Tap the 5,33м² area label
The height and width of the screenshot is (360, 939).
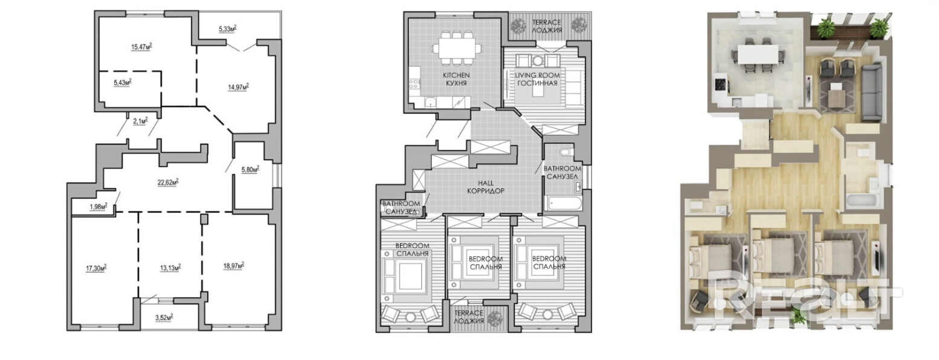(227, 28)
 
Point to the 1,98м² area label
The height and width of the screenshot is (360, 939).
(98, 207)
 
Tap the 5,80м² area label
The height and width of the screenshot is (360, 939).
(250, 170)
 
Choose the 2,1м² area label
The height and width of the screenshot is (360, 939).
(140, 120)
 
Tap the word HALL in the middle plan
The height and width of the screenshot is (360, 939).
(485, 182)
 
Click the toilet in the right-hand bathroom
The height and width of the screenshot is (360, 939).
(564, 152)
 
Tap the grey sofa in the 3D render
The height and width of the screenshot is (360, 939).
(870, 91)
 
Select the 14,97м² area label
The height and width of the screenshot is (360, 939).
(239, 86)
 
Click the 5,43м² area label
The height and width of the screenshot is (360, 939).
(123, 82)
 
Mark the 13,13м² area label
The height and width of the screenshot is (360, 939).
(172, 266)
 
